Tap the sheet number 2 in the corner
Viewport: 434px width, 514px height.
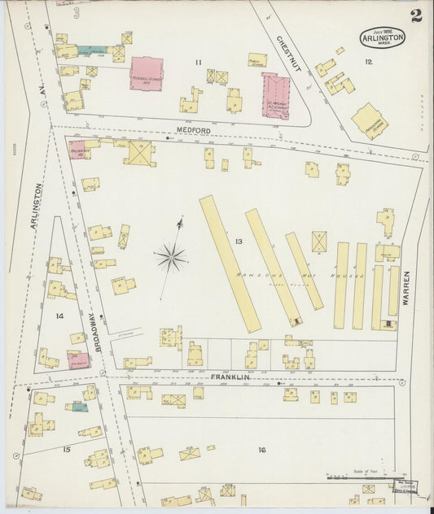tap(416, 15)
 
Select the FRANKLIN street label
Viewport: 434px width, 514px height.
tap(229, 377)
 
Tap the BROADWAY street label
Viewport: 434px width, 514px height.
tap(94, 333)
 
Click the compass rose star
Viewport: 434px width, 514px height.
tap(171, 258)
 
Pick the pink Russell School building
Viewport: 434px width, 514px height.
tap(146, 73)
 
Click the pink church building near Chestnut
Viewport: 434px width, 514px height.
tap(275, 96)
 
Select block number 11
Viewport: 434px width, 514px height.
tap(198, 62)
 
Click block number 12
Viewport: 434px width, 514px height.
tap(368, 62)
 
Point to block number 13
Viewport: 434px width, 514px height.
tap(239, 242)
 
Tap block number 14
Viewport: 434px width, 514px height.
tap(59, 316)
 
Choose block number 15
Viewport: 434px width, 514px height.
tap(67, 448)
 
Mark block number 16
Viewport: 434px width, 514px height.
tap(261, 450)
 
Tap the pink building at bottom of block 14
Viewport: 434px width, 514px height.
tap(78, 359)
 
